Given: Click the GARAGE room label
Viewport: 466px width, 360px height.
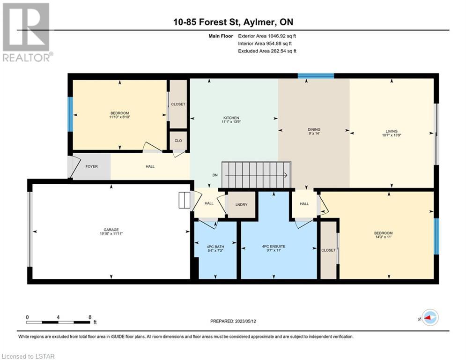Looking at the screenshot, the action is click(111, 230).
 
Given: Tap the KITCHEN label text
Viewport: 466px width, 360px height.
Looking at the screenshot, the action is click(231, 118).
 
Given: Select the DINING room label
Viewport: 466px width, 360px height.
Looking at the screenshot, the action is click(314, 129).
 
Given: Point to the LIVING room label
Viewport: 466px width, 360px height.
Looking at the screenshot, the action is click(392, 131).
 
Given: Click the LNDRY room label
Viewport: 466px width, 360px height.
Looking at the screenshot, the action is click(241, 205).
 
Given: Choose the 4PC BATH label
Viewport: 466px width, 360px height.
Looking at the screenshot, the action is click(215, 247).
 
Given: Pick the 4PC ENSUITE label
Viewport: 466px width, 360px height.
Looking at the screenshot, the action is click(274, 247).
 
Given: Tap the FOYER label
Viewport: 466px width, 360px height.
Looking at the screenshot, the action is click(91, 166).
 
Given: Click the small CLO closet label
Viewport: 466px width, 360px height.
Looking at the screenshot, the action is click(178, 141).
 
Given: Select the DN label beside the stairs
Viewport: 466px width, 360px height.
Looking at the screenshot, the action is click(215, 175).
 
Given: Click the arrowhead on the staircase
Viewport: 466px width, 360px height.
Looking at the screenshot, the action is click(286, 175).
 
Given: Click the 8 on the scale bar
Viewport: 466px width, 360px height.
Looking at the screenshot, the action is click(90, 317).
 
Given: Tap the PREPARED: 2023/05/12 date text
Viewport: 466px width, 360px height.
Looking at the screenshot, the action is click(233, 321).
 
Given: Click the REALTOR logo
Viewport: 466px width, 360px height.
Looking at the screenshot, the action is click(27, 32).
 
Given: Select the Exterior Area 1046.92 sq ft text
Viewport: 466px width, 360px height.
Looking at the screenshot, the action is click(267, 36).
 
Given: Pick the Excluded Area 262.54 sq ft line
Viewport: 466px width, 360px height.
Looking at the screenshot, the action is click(267, 51).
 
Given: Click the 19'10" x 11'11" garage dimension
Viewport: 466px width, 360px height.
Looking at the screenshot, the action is click(111, 234).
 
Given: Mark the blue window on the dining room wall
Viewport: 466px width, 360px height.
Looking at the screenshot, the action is click(316, 76).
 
